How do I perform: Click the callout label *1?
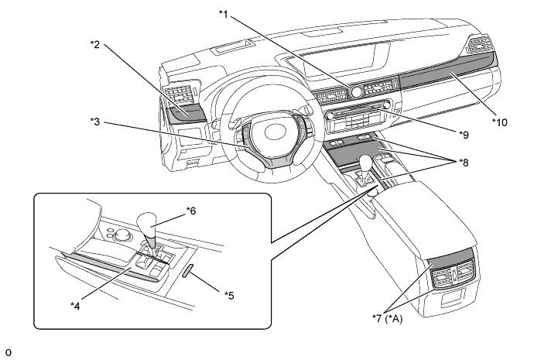(x=224, y=14)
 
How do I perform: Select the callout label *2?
(x=95, y=44)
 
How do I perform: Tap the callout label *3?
(x=95, y=122)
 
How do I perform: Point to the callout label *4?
(x=75, y=306)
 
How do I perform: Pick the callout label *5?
(x=229, y=295)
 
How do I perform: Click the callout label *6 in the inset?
(x=191, y=211)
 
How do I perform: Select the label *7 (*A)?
(x=387, y=319)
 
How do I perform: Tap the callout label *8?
(x=464, y=163)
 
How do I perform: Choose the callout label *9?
(x=464, y=135)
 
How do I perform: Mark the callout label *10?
(x=500, y=122)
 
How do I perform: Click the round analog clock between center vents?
(x=356, y=92)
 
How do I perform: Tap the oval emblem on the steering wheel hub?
(x=275, y=132)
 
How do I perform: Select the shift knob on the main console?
(x=366, y=161)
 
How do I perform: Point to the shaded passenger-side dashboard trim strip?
(x=446, y=68)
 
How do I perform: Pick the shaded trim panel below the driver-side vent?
(x=187, y=113)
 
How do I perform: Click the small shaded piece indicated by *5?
(x=188, y=270)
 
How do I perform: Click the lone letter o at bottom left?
(x=9, y=352)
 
